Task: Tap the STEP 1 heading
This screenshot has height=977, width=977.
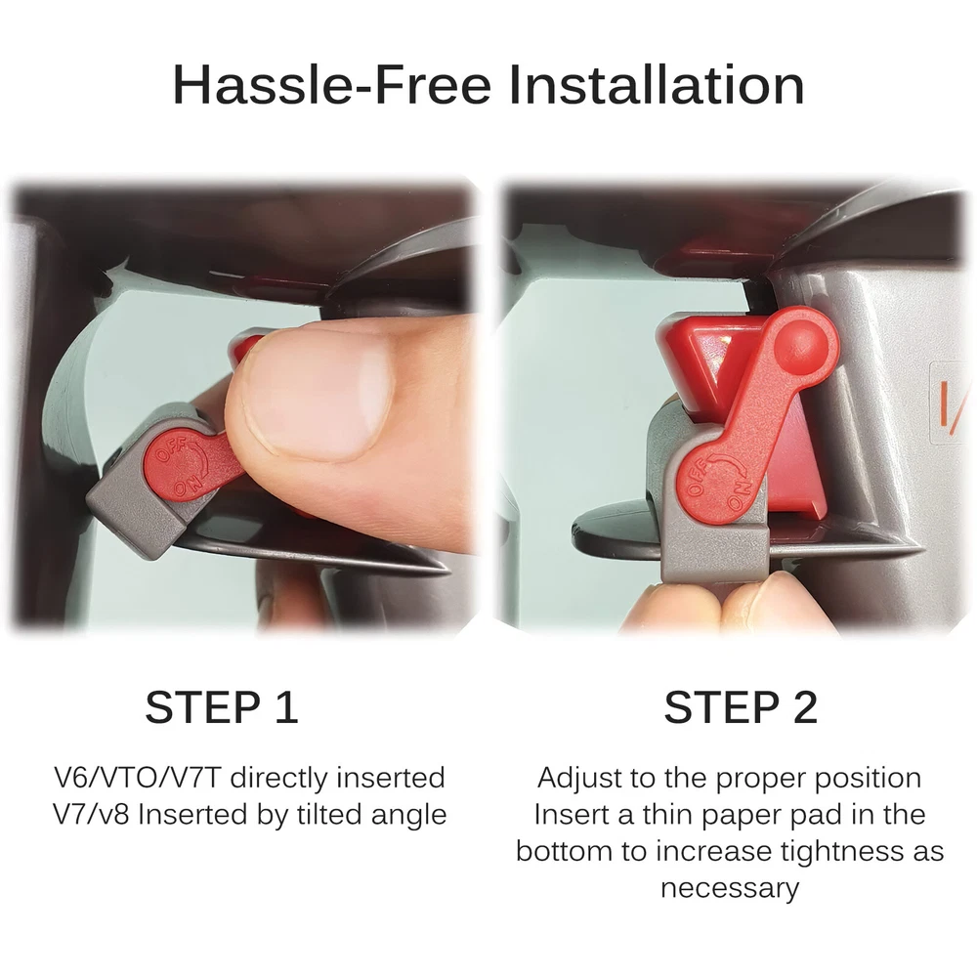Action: tap(221, 707)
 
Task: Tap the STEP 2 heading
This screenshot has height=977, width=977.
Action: tap(741, 707)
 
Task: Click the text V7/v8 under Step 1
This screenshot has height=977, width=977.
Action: tap(92, 815)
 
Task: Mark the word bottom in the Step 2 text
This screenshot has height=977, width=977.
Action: tap(564, 851)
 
